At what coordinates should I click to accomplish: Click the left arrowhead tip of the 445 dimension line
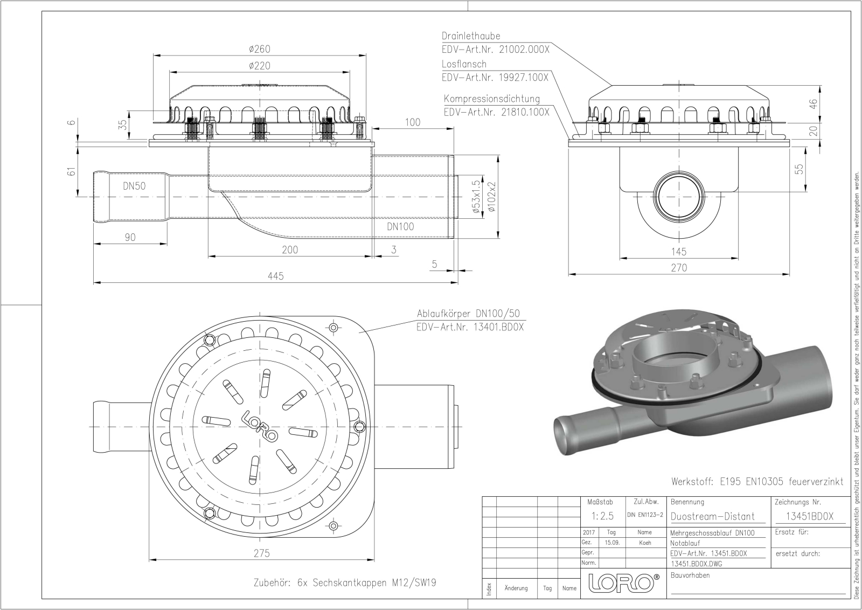click(x=94, y=283)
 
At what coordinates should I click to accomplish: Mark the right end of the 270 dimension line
click(x=789, y=274)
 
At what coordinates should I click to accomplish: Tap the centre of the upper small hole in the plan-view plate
click(x=333, y=328)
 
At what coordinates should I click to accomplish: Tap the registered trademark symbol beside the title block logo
click(x=657, y=577)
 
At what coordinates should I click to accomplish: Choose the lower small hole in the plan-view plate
click(x=333, y=526)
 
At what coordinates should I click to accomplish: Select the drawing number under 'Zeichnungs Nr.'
click(x=809, y=516)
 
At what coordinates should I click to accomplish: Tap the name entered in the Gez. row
click(x=644, y=543)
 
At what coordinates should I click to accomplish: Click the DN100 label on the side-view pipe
click(x=400, y=226)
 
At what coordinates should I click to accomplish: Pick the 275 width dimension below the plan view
click(x=262, y=553)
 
